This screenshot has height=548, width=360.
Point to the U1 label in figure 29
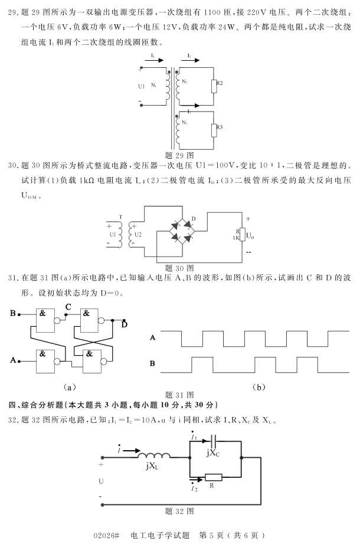pos(141,86)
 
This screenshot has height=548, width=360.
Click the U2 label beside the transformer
pos(138,234)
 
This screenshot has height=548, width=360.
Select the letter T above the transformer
pos(120,217)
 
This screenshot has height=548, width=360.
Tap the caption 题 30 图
pos(180,267)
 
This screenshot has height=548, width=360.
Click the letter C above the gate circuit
pos(68,307)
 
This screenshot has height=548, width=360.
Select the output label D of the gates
pos(124,324)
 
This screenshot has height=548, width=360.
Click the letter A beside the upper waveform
pos(153,337)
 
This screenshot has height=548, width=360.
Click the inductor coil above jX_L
pos(155,455)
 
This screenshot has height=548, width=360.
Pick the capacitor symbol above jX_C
pos(214,441)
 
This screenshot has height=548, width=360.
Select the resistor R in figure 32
pos(213,477)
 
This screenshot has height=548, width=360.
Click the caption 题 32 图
pos(180,510)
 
